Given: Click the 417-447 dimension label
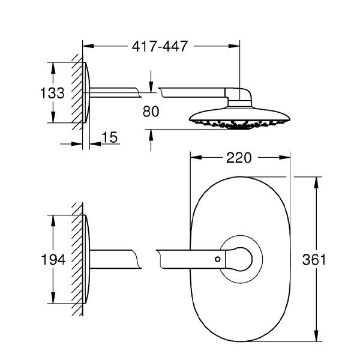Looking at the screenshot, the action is [x=160, y=46].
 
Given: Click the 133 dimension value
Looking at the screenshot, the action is [x=52, y=93].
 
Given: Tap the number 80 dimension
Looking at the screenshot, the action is [x=151, y=112].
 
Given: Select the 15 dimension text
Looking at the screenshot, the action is [x=109, y=137].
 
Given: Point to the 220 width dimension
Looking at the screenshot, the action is [x=239, y=158].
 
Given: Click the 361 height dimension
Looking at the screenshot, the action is [x=314, y=259].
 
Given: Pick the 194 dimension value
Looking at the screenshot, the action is [x=53, y=260].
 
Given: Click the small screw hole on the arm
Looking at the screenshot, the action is [x=217, y=259].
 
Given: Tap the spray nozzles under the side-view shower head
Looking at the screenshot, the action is [x=239, y=124].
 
